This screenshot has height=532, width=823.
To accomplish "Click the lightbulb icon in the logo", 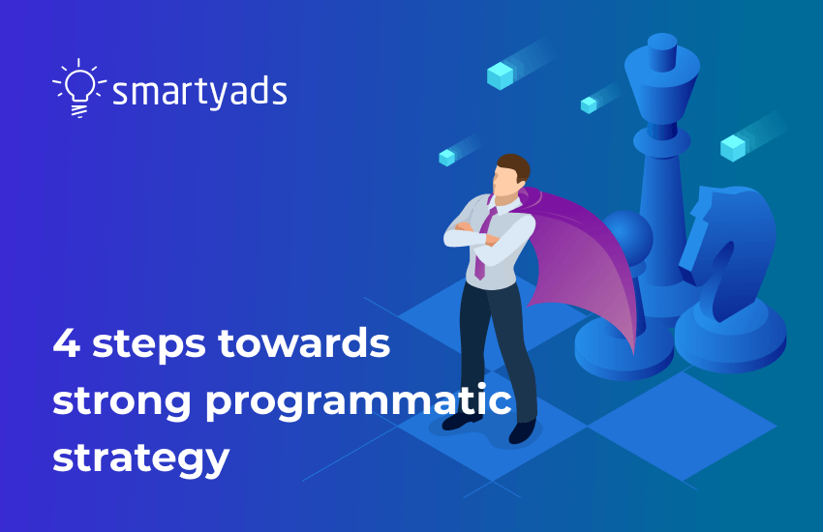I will (x=79, y=87).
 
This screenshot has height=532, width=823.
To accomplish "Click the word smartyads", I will (x=199, y=92).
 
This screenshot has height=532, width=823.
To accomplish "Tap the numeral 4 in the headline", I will (x=66, y=345).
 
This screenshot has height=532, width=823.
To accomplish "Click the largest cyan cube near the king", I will (x=500, y=74).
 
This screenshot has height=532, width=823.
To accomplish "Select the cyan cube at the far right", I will (x=733, y=147).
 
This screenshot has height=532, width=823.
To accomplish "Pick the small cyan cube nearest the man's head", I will (x=446, y=157).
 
